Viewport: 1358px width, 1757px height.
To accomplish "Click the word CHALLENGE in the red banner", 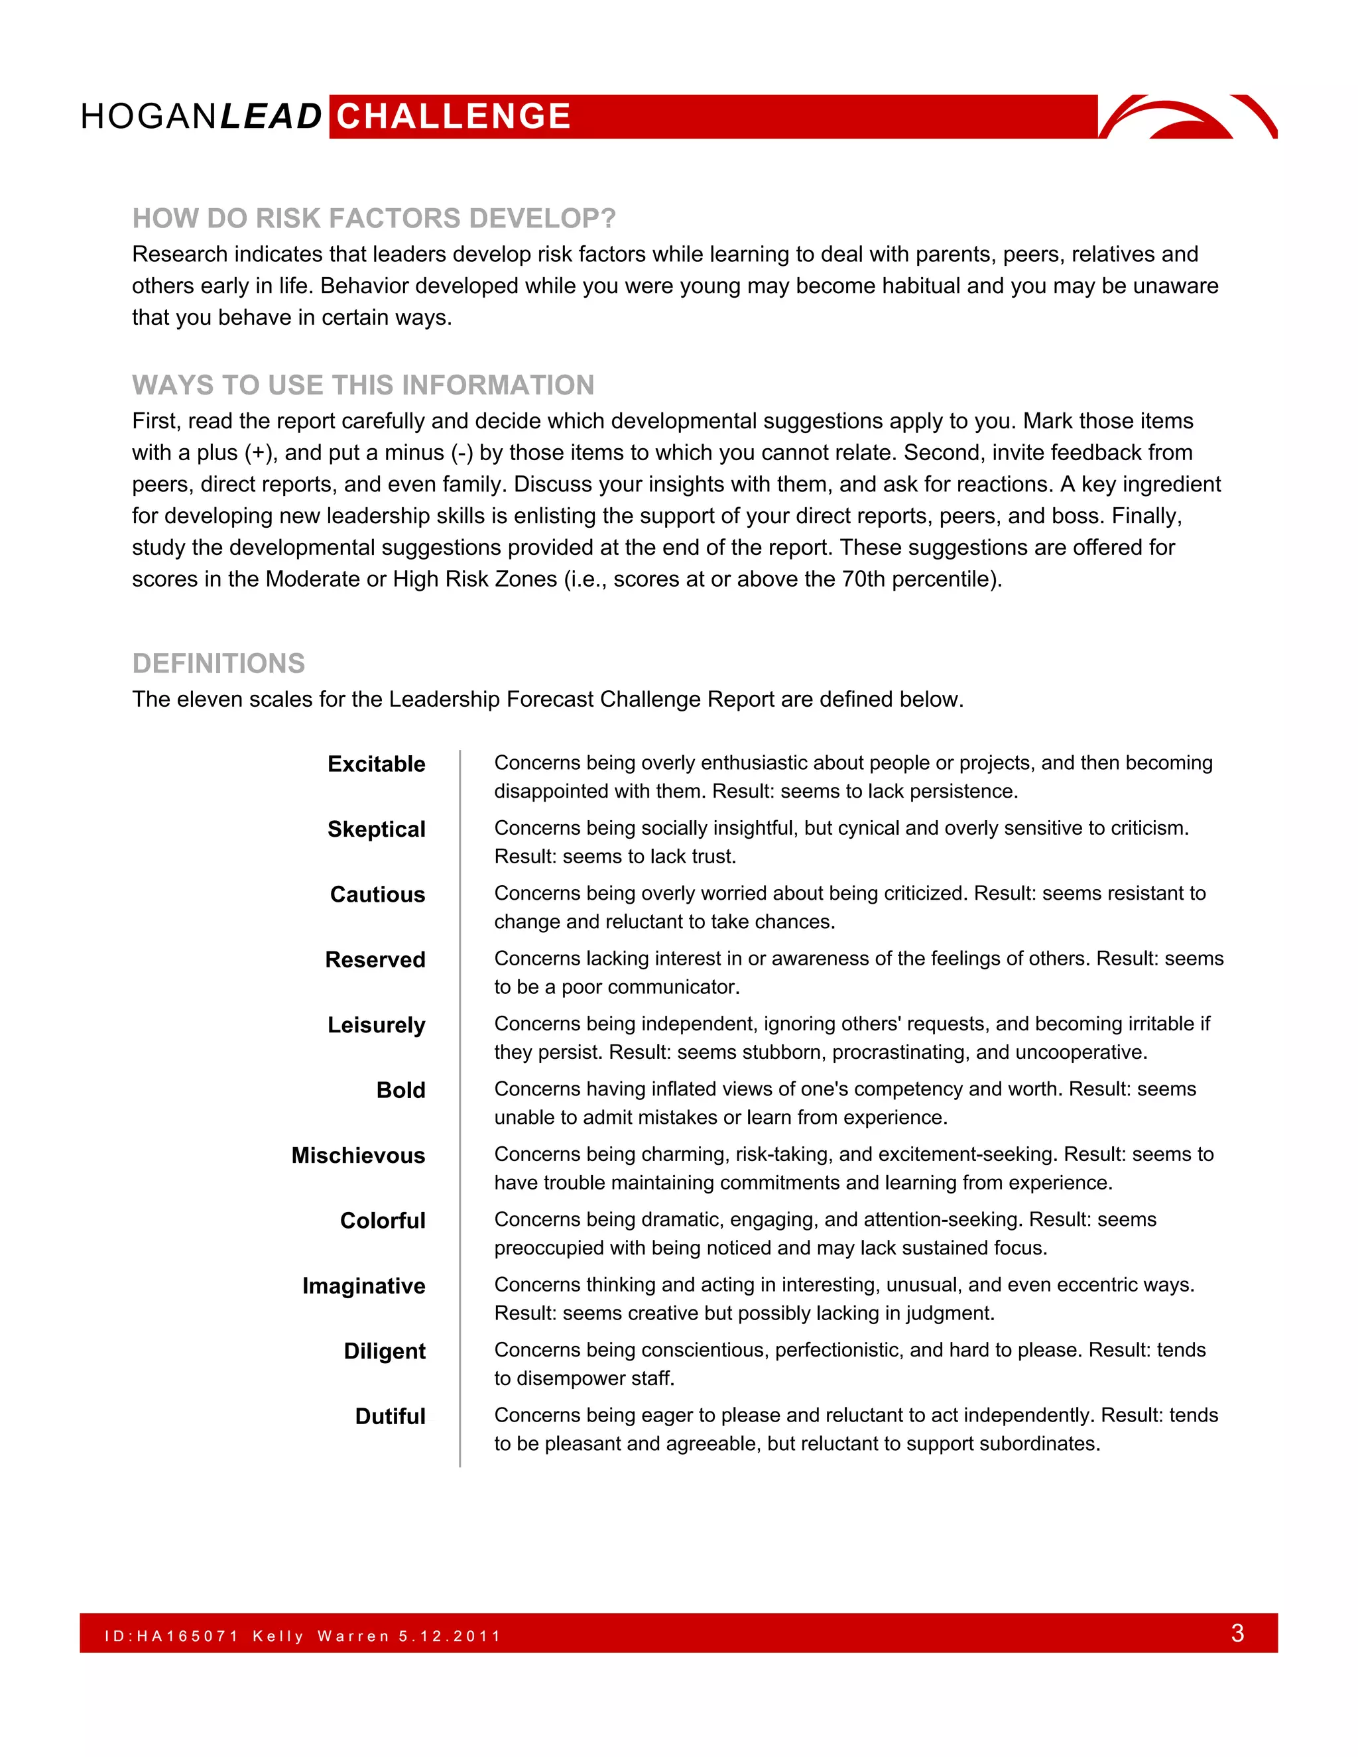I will (x=454, y=117).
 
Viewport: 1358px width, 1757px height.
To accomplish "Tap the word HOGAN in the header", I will (x=148, y=117).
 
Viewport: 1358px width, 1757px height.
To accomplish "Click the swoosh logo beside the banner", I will (x=1188, y=117).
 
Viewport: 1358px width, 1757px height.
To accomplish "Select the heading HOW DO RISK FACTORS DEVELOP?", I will (x=374, y=218).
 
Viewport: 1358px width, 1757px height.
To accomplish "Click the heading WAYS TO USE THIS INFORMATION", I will (x=363, y=385).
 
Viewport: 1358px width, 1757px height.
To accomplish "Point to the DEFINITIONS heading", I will (x=219, y=664).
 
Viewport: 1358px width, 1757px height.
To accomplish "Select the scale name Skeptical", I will (x=377, y=829).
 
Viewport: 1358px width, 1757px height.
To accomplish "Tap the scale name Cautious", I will (x=377, y=894).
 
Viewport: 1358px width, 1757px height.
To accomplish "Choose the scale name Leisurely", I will (x=377, y=1025).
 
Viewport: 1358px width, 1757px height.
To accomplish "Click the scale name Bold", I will (x=401, y=1090).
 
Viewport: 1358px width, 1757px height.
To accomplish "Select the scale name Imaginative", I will (x=363, y=1286).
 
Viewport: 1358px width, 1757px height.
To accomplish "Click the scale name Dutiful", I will (x=390, y=1416).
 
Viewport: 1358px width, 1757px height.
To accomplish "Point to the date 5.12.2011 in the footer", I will (x=450, y=1636).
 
